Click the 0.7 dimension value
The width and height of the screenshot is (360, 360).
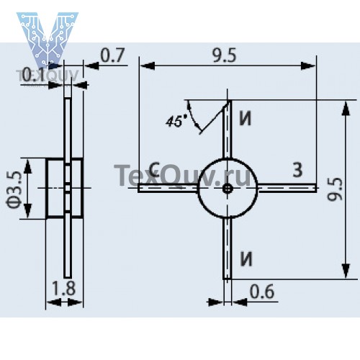point(112,55)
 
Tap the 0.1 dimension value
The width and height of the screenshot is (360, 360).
point(33,75)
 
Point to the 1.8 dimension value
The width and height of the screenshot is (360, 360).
point(63,288)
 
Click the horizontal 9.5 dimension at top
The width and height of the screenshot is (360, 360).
point(225,55)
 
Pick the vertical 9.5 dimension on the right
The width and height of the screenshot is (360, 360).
point(335,189)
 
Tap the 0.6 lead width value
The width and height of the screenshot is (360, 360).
point(262,292)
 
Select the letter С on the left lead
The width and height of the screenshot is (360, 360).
point(155,169)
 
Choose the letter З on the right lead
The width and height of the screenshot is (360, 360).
point(297,170)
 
